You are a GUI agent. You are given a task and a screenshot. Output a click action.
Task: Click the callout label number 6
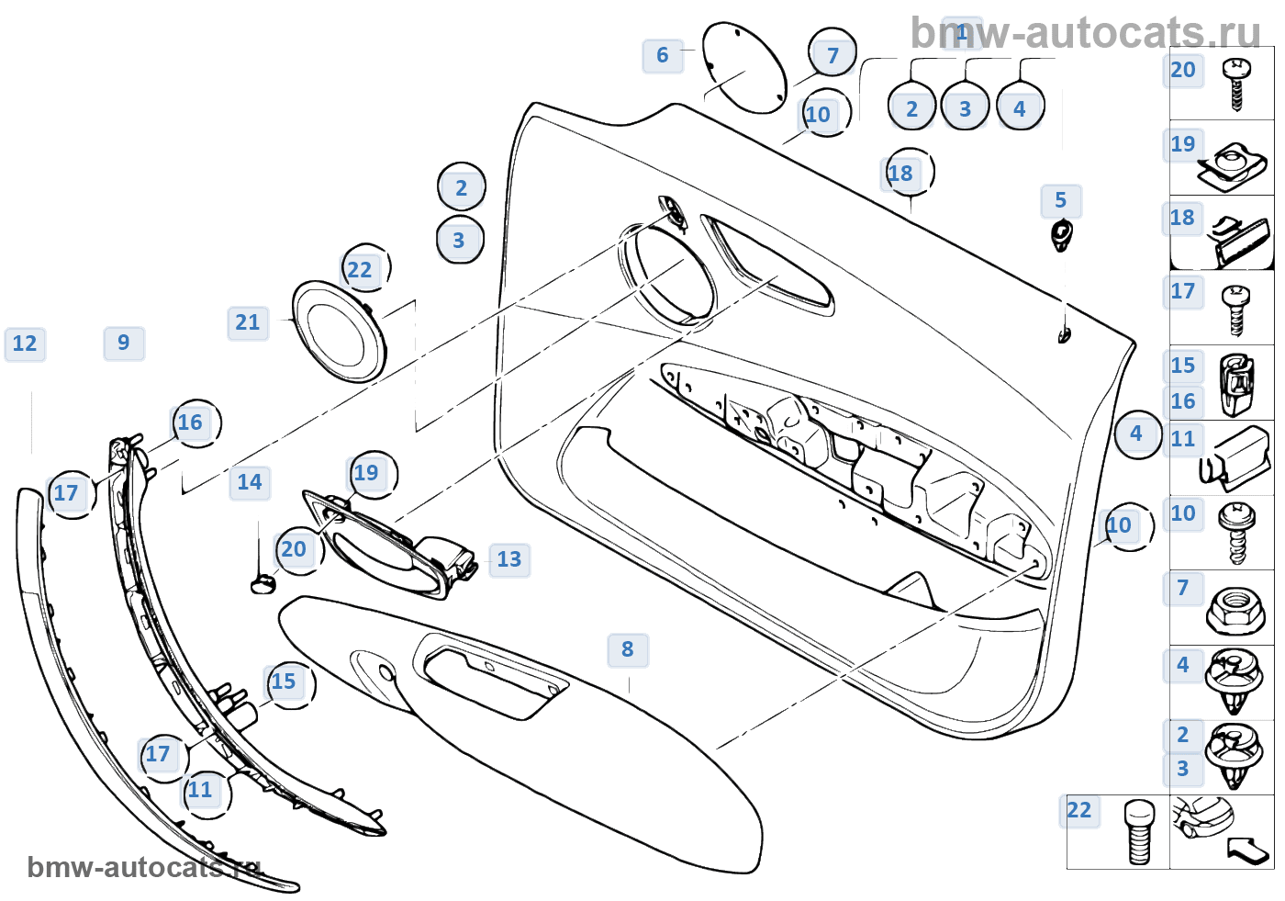click(662, 56)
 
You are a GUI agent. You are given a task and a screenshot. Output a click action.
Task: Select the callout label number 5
click(1061, 201)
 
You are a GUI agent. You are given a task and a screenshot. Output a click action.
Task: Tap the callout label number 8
click(628, 650)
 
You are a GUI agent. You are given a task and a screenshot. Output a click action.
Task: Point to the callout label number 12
click(25, 344)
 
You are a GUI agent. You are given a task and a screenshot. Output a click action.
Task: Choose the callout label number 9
click(124, 344)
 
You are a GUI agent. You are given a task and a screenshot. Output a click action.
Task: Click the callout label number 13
click(508, 559)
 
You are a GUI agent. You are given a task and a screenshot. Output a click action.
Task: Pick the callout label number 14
click(250, 483)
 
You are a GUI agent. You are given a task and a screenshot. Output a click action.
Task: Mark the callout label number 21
click(248, 323)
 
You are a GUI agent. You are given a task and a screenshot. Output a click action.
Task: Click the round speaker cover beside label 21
click(338, 331)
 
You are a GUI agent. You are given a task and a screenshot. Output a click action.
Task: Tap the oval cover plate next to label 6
click(744, 68)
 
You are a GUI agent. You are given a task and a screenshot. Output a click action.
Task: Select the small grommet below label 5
click(1062, 234)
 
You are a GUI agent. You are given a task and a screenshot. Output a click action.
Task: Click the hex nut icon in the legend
click(1235, 610)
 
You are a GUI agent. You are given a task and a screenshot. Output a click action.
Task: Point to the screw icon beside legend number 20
click(1236, 84)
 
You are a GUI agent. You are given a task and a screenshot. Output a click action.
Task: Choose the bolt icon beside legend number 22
click(1139, 832)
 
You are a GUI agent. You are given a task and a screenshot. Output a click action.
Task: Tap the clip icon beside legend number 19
click(1234, 165)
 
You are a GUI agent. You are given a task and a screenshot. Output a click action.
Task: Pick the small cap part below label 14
click(263, 583)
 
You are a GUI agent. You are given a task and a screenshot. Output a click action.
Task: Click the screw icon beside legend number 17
click(1235, 310)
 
